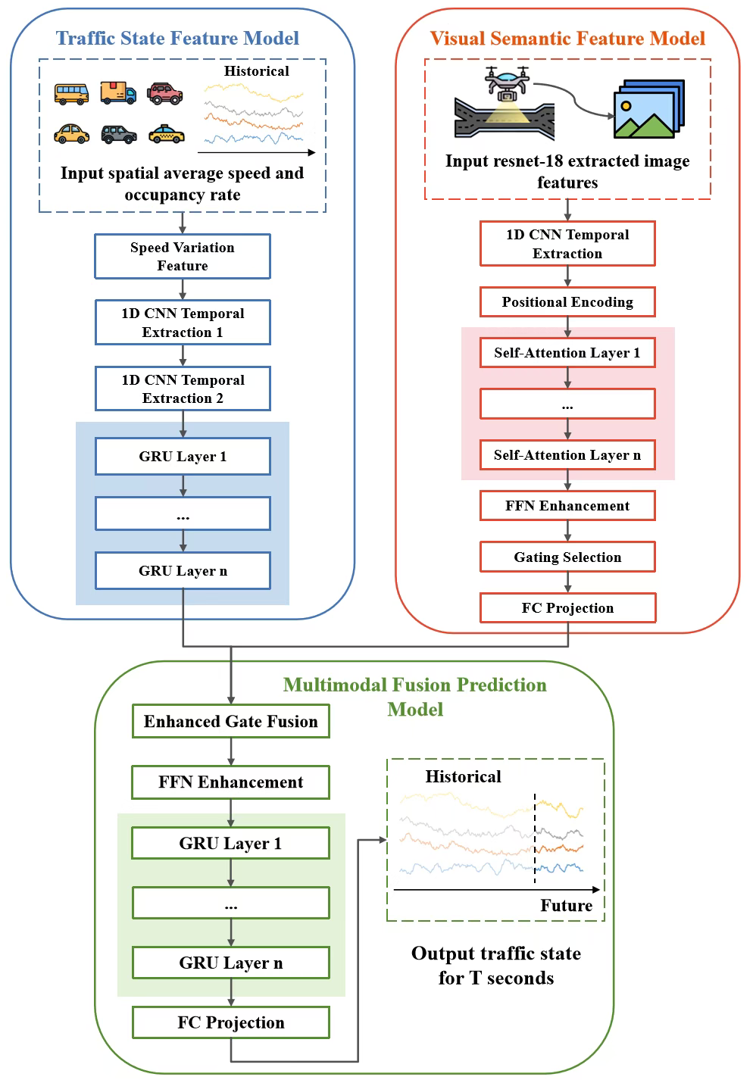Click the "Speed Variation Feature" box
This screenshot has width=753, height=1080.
click(182, 256)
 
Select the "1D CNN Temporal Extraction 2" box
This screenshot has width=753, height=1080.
click(182, 389)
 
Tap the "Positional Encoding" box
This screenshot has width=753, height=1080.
click(567, 301)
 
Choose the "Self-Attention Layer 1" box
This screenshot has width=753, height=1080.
click(567, 352)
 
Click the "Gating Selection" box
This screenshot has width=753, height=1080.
click(567, 557)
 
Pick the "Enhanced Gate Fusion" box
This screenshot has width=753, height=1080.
click(230, 721)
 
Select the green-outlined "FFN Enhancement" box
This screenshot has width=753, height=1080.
click(230, 782)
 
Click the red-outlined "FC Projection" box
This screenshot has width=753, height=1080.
click(567, 607)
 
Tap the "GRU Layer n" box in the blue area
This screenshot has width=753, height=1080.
click(182, 570)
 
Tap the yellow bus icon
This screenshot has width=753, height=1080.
click(71, 93)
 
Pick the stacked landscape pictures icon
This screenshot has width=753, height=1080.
click(648, 109)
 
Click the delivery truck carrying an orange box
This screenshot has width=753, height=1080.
click(118, 92)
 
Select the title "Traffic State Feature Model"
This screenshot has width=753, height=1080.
click(177, 39)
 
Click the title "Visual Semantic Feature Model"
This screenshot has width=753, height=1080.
click(567, 39)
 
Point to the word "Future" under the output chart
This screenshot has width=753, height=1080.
click(566, 905)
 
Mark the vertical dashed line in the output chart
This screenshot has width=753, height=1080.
click(535, 838)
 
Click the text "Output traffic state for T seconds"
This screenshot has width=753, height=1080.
click(495, 966)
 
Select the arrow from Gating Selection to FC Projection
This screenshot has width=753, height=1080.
click(567, 582)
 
